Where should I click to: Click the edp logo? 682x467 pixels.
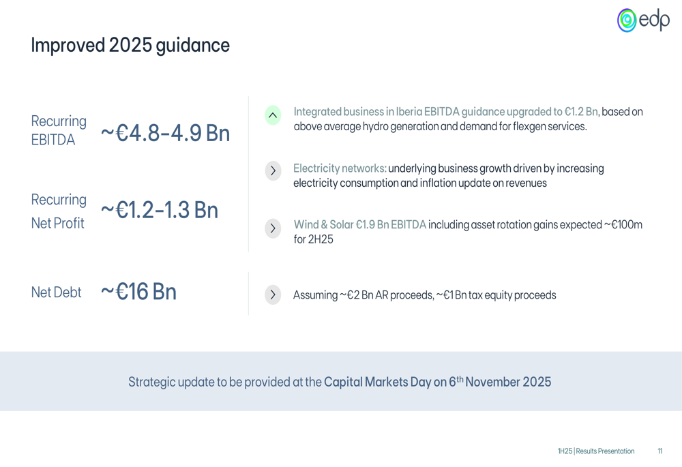pos(643,20)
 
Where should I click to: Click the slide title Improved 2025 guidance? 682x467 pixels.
pos(130,45)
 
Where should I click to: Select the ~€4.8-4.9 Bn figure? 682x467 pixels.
pos(165,133)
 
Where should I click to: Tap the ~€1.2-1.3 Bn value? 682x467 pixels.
pos(159,210)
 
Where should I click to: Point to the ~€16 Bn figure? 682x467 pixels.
pos(138,291)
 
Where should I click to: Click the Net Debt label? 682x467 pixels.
pos(56,292)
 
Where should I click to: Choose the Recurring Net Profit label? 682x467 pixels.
pos(59,211)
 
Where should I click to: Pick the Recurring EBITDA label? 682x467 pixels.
pos(59,130)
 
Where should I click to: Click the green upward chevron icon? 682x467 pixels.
pos(273,115)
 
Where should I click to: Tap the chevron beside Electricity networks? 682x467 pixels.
pos(273,170)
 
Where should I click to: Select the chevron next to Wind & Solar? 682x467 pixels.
pos(273,228)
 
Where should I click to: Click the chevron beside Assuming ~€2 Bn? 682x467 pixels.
pos(273,295)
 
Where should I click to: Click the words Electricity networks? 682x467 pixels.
pos(340,168)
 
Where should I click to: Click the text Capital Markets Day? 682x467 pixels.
pos(378,382)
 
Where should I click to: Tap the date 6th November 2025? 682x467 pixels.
pos(500,381)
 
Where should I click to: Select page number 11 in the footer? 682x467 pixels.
pos(659,451)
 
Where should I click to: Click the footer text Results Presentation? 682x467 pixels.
pos(605,451)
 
